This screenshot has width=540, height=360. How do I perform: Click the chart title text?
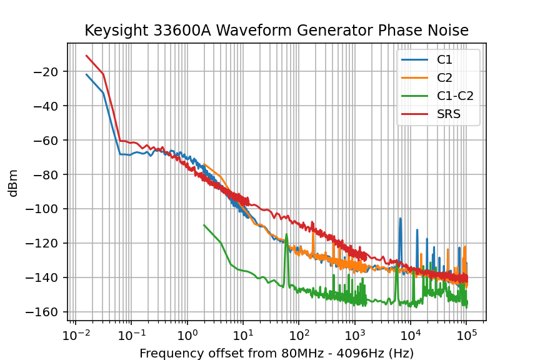tap(276, 31)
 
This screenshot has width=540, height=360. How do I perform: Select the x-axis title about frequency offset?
tap(276, 353)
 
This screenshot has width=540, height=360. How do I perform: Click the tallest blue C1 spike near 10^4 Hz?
tap(400, 219)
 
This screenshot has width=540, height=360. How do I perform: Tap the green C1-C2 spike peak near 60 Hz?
tap(287, 235)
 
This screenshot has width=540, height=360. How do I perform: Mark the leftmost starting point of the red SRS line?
tap(86, 56)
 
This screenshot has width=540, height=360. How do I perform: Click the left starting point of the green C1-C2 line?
tap(204, 225)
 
